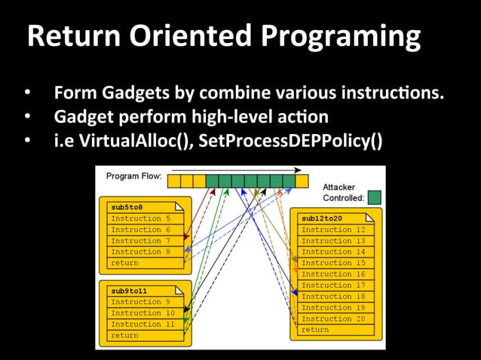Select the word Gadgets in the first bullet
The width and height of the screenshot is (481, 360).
click(x=129, y=96)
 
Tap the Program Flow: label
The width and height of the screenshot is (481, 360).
click(x=133, y=177)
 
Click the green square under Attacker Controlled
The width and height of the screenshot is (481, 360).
click(x=374, y=197)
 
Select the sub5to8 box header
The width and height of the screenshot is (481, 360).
click(x=127, y=207)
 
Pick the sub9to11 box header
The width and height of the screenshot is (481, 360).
click(x=130, y=290)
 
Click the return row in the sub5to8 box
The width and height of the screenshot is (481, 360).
click(x=124, y=263)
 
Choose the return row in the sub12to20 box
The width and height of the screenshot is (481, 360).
click(x=315, y=330)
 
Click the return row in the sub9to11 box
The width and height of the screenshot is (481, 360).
click(x=124, y=335)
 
